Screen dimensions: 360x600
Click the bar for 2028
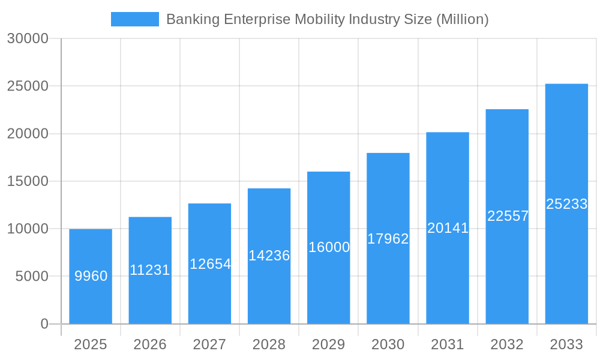click(269, 288)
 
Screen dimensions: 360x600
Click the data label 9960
click(91, 276)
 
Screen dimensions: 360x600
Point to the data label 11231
click(150, 270)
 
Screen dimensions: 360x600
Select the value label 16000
click(329, 247)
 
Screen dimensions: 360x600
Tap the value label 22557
click(508, 216)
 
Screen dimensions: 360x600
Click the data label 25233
click(566, 204)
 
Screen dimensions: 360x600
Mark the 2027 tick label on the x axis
click(209, 344)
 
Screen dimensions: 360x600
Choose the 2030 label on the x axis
click(388, 344)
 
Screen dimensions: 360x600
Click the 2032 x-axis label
click(507, 344)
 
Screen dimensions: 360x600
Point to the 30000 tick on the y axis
click(27, 38)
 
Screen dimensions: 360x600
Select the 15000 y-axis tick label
click(27, 181)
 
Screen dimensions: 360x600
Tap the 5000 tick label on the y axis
click(31, 277)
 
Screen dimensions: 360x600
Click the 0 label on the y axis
click(44, 324)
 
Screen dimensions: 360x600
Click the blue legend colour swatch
click(135, 19)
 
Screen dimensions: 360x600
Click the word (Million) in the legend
click(462, 19)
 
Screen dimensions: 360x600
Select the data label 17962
click(388, 239)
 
